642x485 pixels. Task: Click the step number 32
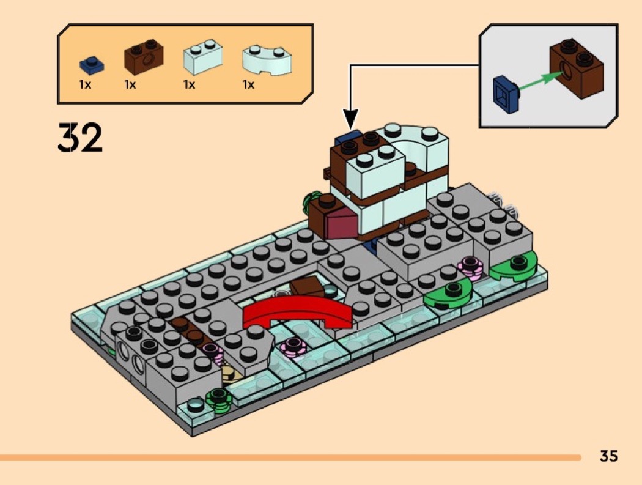pos(81,138)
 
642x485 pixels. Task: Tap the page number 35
pos(608,456)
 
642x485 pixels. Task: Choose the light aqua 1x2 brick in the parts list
pos(202,56)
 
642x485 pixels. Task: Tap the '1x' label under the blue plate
pos(85,85)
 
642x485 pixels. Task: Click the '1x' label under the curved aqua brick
pos(248,85)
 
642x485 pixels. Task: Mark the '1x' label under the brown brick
pos(130,85)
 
